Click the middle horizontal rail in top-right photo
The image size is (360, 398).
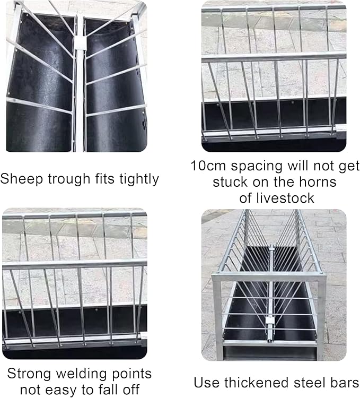[x=274, y=57]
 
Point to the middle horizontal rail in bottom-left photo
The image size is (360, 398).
[x=74, y=264]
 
